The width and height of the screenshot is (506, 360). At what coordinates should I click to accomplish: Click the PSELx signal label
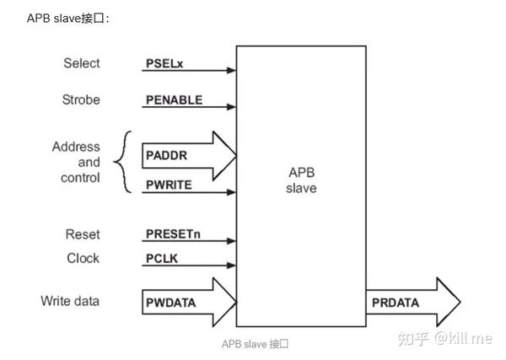[x=164, y=63]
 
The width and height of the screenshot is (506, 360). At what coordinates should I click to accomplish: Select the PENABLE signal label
[x=174, y=99]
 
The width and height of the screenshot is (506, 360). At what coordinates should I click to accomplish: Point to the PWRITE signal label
[x=170, y=184]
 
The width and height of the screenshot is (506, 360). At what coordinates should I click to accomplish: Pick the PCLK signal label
[x=161, y=258]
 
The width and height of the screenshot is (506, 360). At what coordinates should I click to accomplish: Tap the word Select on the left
[x=81, y=63]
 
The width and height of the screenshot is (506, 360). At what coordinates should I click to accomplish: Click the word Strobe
[x=81, y=99]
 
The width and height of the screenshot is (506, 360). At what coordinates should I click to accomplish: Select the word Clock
[x=83, y=258]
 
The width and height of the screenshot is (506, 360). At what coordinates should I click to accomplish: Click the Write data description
[x=70, y=301]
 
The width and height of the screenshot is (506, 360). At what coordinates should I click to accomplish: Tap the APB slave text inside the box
[x=301, y=180]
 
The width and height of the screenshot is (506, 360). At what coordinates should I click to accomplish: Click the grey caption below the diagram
[x=255, y=344]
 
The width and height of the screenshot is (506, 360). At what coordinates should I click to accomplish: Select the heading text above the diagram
[x=69, y=19]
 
